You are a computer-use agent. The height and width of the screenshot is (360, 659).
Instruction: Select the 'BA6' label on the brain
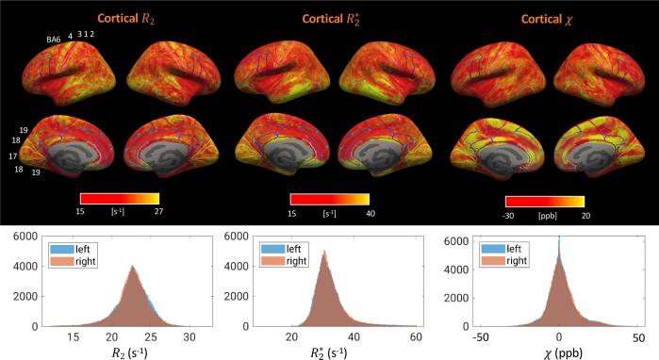tap(54, 39)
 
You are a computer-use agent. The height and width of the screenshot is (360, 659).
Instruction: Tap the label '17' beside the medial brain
tap(13, 155)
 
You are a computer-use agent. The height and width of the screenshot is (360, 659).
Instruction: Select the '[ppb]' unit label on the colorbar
tap(545, 216)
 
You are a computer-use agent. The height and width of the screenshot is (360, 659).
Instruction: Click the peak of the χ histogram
tap(559, 241)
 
